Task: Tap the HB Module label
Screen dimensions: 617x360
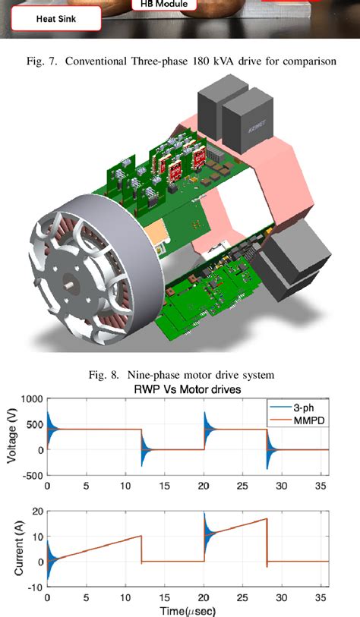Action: [164, 5]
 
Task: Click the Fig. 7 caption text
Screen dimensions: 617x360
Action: [179, 61]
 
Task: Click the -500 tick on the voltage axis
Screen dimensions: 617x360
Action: [29, 477]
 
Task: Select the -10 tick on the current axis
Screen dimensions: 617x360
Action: [33, 587]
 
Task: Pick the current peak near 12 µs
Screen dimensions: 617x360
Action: [141, 537]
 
